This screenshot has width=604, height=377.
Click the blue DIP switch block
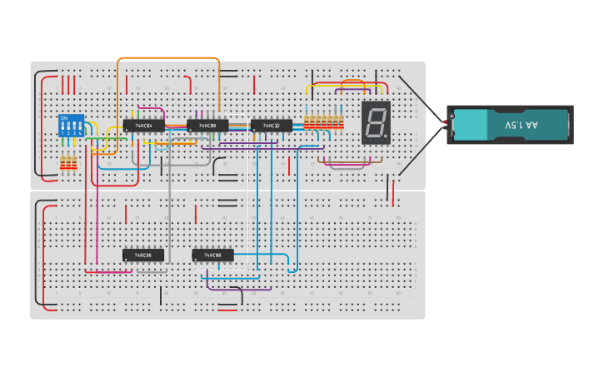tap(72, 126)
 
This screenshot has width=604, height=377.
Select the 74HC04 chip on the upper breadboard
tap(144, 126)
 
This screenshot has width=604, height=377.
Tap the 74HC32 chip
tap(272, 126)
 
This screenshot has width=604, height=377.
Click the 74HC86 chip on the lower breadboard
tap(143, 255)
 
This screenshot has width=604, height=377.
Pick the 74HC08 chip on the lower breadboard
tap(213, 255)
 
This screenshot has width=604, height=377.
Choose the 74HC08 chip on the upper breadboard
tap(207, 126)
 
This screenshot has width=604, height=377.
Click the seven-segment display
tap(376, 123)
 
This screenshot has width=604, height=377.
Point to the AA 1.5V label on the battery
tap(522, 125)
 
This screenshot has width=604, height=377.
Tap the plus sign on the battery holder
tap(452, 117)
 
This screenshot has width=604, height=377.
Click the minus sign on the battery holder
tap(452, 133)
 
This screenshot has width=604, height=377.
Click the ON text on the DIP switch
tap(63, 118)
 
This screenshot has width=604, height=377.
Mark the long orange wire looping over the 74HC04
tap(167, 58)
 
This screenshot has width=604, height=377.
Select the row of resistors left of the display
tap(323, 122)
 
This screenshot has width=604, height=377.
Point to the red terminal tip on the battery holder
tap(446, 123)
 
